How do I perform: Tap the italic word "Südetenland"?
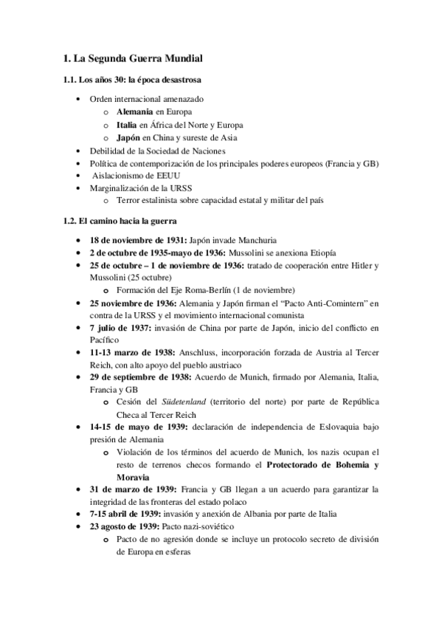177,403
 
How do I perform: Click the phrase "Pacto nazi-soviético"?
200,526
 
